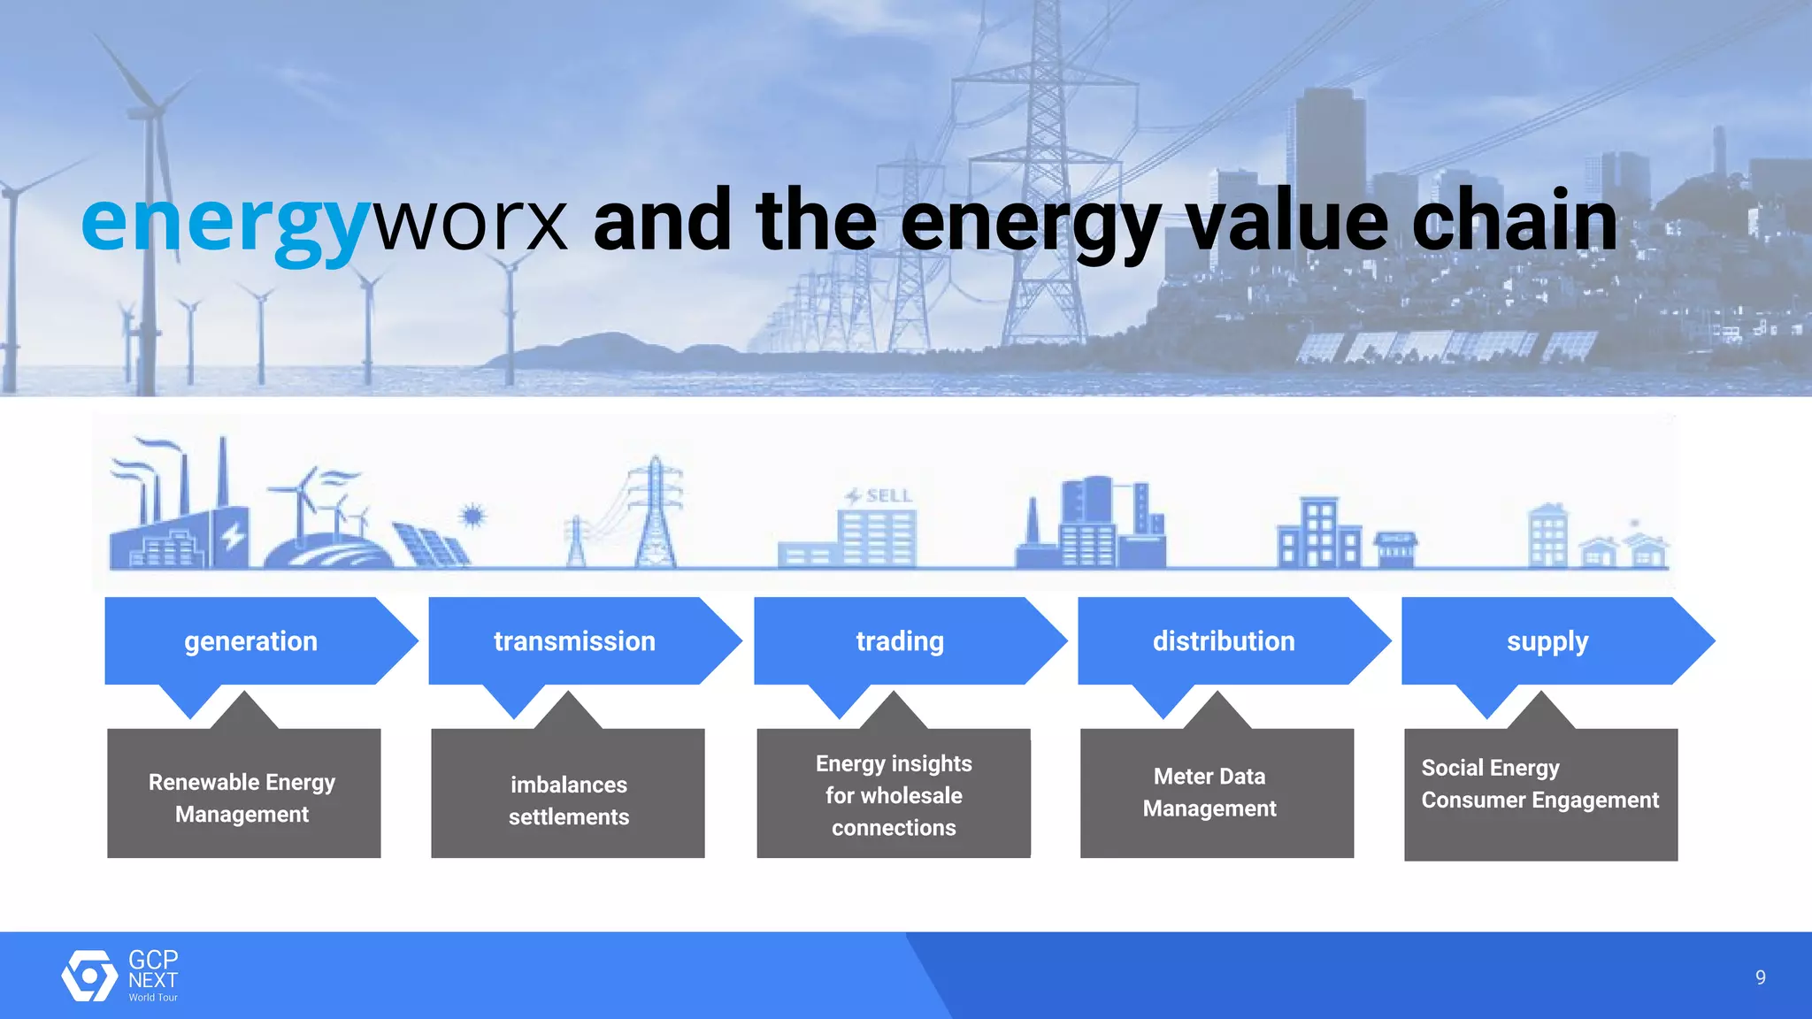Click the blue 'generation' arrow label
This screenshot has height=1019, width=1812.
[250, 640]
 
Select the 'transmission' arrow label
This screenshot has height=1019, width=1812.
[574, 640]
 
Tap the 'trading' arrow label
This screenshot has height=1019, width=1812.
[900, 640]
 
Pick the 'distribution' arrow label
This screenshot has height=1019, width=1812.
[1224, 640]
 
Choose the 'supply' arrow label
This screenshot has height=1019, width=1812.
[1547, 640]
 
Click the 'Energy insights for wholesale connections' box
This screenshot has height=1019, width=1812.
[894, 794]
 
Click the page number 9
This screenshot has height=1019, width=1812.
[1760, 977]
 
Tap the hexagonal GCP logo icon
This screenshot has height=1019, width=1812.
[89, 976]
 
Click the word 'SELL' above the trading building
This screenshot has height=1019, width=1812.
[888, 496]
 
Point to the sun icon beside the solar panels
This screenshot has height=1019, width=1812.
[473, 515]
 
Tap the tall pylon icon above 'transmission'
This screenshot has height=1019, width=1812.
[656, 513]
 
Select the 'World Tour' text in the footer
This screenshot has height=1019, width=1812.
[153, 998]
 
